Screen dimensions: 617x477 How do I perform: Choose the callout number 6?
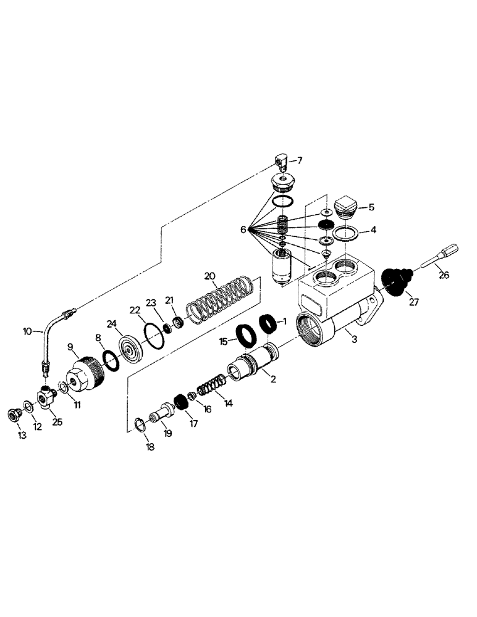tap(244, 230)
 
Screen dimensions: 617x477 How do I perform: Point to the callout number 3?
tap(352, 339)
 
